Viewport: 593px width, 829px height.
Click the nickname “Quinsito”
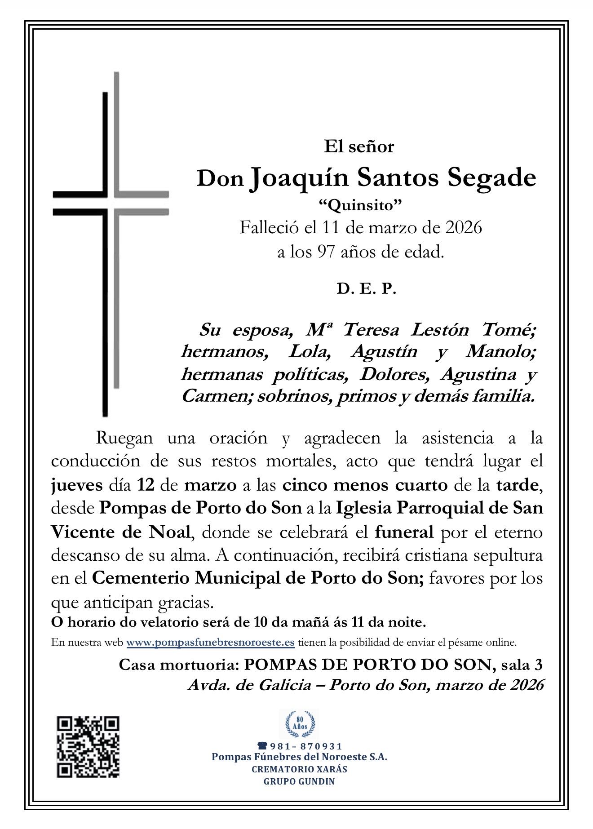coord(359,205)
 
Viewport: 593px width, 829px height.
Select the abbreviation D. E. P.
coord(366,289)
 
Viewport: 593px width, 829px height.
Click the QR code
coord(88,747)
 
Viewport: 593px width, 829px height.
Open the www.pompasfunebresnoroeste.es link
coord(210,643)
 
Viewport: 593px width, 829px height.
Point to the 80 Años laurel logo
coord(300,724)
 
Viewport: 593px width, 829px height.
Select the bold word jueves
coord(77,485)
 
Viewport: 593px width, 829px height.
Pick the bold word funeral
coord(404,532)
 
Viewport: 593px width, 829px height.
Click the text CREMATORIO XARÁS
coord(299,769)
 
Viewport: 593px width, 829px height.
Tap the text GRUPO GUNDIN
coord(299,781)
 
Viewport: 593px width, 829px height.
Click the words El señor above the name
coord(359,146)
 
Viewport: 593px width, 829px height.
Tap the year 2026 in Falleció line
coord(463,227)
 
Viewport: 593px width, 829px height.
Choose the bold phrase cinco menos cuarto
coord(365,485)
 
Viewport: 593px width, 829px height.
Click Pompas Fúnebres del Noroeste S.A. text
coord(299,757)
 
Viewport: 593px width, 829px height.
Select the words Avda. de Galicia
coord(249,685)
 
